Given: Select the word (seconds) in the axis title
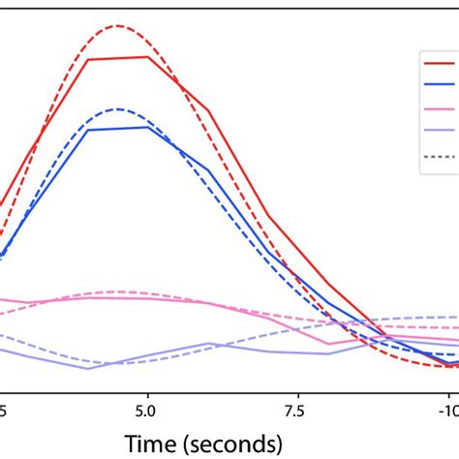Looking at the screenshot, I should [237, 443].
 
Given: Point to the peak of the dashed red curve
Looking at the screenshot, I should [119, 25].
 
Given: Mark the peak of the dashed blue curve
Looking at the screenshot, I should [118, 108].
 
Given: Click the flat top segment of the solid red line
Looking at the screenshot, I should [118, 58].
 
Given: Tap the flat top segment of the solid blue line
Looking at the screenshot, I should [118, 128].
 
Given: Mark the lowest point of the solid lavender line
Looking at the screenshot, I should [88, 368].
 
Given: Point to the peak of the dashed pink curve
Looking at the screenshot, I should [118, 291].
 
